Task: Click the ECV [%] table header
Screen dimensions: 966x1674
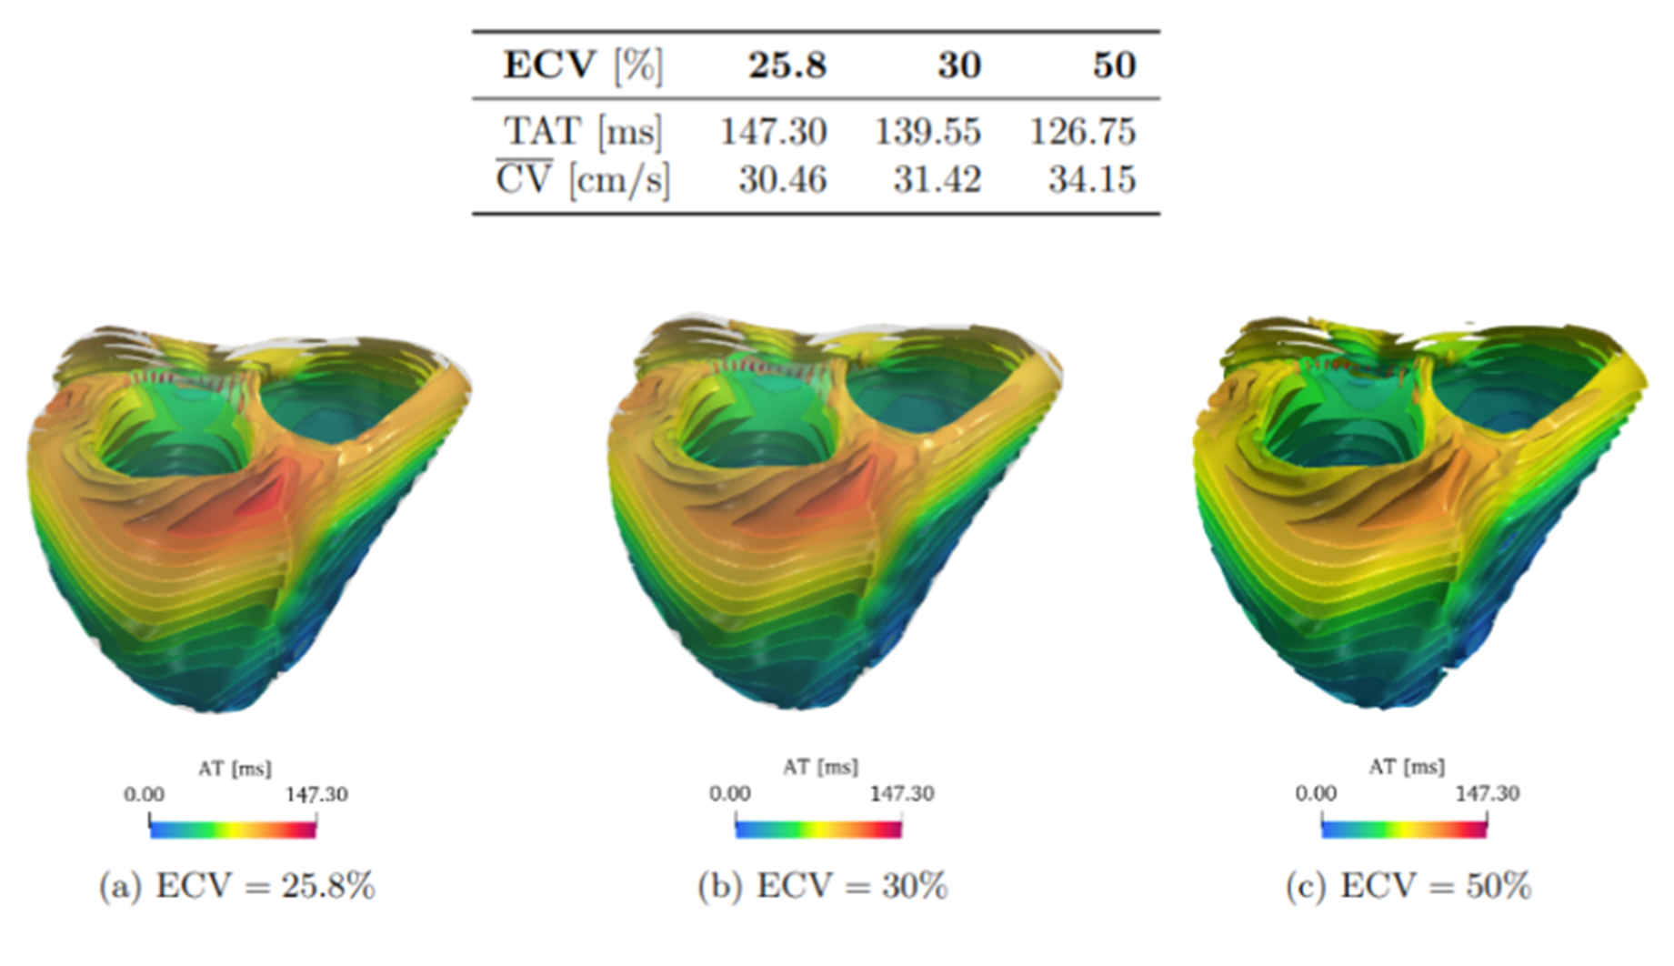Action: click(583, 65)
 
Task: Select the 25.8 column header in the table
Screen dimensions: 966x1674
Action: click(787, 65)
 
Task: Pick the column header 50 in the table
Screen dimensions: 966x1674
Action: click(1114, 65)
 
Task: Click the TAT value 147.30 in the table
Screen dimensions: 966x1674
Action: click(774, 132)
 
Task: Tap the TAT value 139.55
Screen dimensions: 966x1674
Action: click(927, 132)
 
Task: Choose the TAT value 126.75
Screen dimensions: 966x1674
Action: click(1082, 132)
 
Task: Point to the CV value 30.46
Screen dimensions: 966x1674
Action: click(782, 180)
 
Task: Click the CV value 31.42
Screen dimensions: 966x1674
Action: click(937, 180)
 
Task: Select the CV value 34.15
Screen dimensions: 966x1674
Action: click(1091, 180)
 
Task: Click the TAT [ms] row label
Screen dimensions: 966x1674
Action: click(583, 132)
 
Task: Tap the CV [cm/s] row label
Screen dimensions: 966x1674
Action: click(583, 180)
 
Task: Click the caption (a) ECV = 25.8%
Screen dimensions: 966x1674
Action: click(236, 886)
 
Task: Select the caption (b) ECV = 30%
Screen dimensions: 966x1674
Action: click(822, 886)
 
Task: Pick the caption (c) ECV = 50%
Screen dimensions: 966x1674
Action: click(1408, 886)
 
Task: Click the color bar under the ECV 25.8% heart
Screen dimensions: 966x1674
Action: click(233, 830)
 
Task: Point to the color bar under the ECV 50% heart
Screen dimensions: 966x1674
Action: click(1404, 830)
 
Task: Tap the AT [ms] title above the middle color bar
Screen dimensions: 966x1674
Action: click(820, 768)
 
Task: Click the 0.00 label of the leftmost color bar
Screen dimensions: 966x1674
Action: click(144, 795)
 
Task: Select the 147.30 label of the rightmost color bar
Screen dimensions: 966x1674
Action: click(1487, 794)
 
